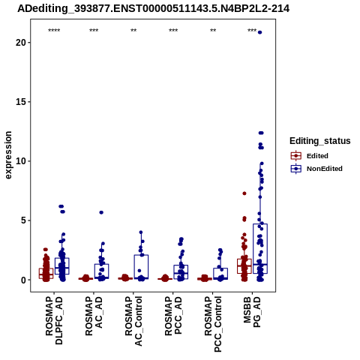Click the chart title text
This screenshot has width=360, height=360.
153,9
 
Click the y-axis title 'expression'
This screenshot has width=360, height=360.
8,155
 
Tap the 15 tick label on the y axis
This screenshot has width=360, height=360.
21,102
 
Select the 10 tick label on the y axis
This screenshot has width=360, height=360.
21,161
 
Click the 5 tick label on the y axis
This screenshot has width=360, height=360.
23,220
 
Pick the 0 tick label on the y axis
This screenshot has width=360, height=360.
23,280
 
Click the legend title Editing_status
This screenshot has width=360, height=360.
320,141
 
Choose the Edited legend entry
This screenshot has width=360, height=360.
310,156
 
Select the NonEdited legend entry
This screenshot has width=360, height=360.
316,169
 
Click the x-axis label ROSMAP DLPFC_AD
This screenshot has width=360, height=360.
54,320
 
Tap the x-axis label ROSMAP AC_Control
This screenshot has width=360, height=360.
133,321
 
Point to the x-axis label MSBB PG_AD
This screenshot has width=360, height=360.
252,312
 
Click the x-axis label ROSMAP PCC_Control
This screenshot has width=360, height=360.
213,324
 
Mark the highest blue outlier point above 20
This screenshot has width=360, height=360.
260,32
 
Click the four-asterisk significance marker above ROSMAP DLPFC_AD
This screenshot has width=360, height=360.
54,31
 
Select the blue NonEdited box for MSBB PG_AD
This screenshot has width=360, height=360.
260,249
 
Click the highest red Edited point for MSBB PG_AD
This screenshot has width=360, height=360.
244,193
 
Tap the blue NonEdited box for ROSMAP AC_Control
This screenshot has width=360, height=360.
141,267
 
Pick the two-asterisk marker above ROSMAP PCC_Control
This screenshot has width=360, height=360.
213,31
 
